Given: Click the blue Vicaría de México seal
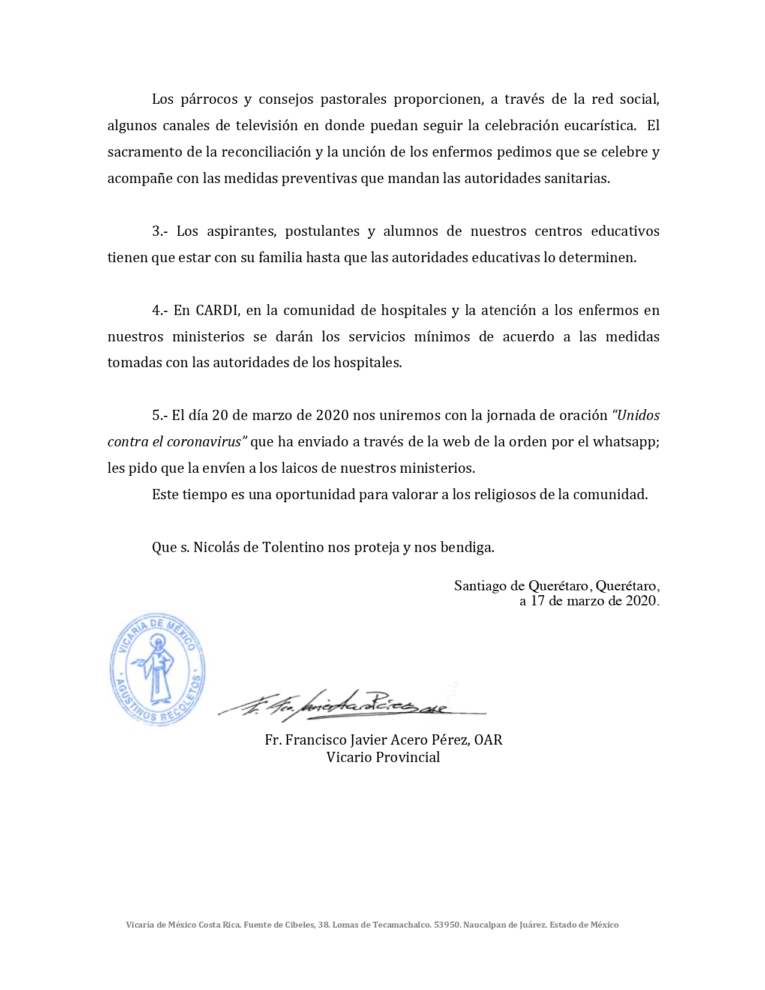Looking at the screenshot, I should [x=158, y=669].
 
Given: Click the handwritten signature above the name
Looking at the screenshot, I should [x=351, y=704].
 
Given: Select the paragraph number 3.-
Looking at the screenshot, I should [x=160, y=232].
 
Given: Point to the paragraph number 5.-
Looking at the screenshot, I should [x=160, y=415].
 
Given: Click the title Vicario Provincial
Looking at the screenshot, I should [x=383, y=757].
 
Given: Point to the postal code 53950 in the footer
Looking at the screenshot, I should [x=447, y=925].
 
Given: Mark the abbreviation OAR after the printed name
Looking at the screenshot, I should [x=488, y=740].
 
